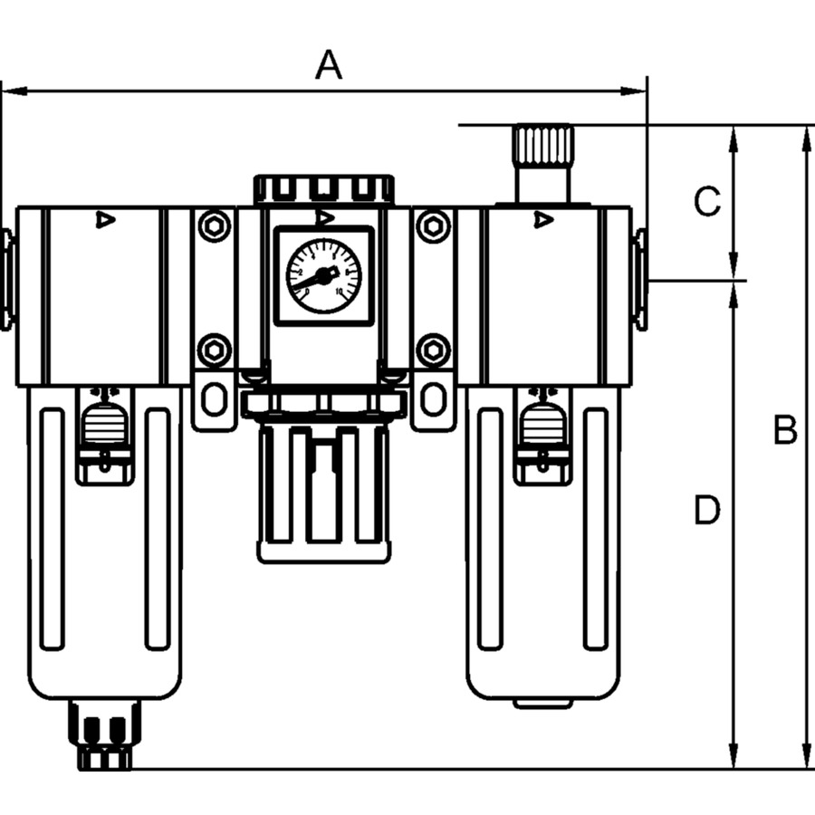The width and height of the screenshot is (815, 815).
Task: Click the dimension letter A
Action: pyautogui.click(x=329, y=66)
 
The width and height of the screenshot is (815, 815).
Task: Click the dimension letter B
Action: pyautogui.click(x=785, y=431)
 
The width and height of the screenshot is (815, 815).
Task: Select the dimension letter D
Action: pyautogui.click(x=707, y=511)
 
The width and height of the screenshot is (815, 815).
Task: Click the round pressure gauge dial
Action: pyautogui.click(x=323, y=274)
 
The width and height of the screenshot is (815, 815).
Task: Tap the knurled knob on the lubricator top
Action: pyautogui.click(x=542, y=146)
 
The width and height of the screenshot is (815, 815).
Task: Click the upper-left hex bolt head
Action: pyautogui.click(x=214, y=225)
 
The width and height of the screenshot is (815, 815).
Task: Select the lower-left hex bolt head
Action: pyautogui.click(x=214, y=350)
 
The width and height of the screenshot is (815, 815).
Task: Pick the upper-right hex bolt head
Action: pyautogui.click(x=434, y=225)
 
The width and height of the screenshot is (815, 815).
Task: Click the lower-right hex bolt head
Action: pyautogui.click(x=434, y=350)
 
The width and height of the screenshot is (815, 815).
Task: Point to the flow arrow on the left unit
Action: pyautogui.click(x=106, y=219)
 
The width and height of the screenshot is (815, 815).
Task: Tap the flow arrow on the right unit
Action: pyautogui.click(x=543, y=219)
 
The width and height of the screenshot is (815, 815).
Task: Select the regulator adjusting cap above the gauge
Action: pyautogui.click(x=323, y=188)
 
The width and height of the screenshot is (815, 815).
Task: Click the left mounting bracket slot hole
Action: pyautogui.click(x=214, y=398)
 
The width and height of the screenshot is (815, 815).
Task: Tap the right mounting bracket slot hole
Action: pyautogui.click(x=434, y=398)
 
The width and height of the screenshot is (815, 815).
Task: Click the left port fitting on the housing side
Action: pyautogui.click(x=7, y=279)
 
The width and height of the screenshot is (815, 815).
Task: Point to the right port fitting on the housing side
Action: pyautogui.click(x=639, y=279)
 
